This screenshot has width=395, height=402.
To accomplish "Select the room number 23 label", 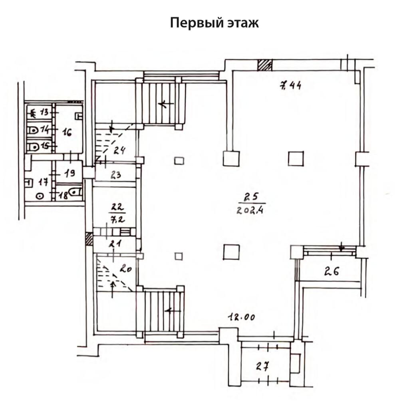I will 117,174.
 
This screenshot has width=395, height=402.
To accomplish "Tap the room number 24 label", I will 119,151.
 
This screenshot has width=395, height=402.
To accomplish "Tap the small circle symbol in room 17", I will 40,196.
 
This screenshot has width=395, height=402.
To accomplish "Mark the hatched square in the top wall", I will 264,65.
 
